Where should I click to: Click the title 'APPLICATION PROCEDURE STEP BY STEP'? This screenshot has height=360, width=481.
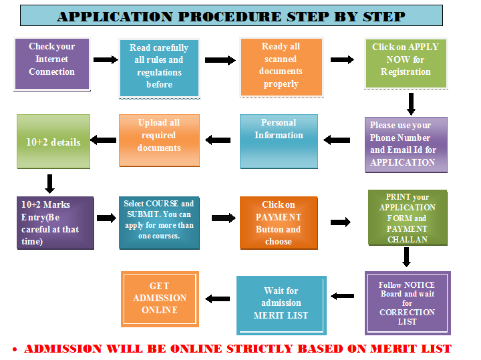231,16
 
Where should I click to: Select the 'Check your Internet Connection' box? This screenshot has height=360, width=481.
51,63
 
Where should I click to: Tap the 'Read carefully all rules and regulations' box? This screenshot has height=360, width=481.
158,67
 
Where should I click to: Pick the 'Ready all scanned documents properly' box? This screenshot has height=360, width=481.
281,66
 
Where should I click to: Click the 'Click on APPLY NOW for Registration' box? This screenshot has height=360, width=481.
406,63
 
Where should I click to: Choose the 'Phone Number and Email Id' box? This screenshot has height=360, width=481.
406,144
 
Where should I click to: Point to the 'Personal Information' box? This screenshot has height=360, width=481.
279,141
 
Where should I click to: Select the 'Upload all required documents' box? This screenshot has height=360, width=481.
158,140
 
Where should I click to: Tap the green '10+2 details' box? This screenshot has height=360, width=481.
53,141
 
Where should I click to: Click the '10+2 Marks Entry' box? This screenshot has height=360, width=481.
55,222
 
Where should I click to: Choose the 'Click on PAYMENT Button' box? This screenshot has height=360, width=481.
278,223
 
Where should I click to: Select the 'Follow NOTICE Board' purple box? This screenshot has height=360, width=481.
407,303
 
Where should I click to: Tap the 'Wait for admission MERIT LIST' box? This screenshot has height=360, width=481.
281,305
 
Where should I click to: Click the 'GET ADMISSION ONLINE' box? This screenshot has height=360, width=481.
160,299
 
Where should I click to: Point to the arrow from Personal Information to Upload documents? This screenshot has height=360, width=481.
218,140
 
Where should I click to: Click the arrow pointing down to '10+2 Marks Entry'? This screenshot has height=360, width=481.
49,184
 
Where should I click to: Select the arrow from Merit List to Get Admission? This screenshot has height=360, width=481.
217,299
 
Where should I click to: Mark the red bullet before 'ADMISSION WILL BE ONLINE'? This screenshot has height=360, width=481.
14,349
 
